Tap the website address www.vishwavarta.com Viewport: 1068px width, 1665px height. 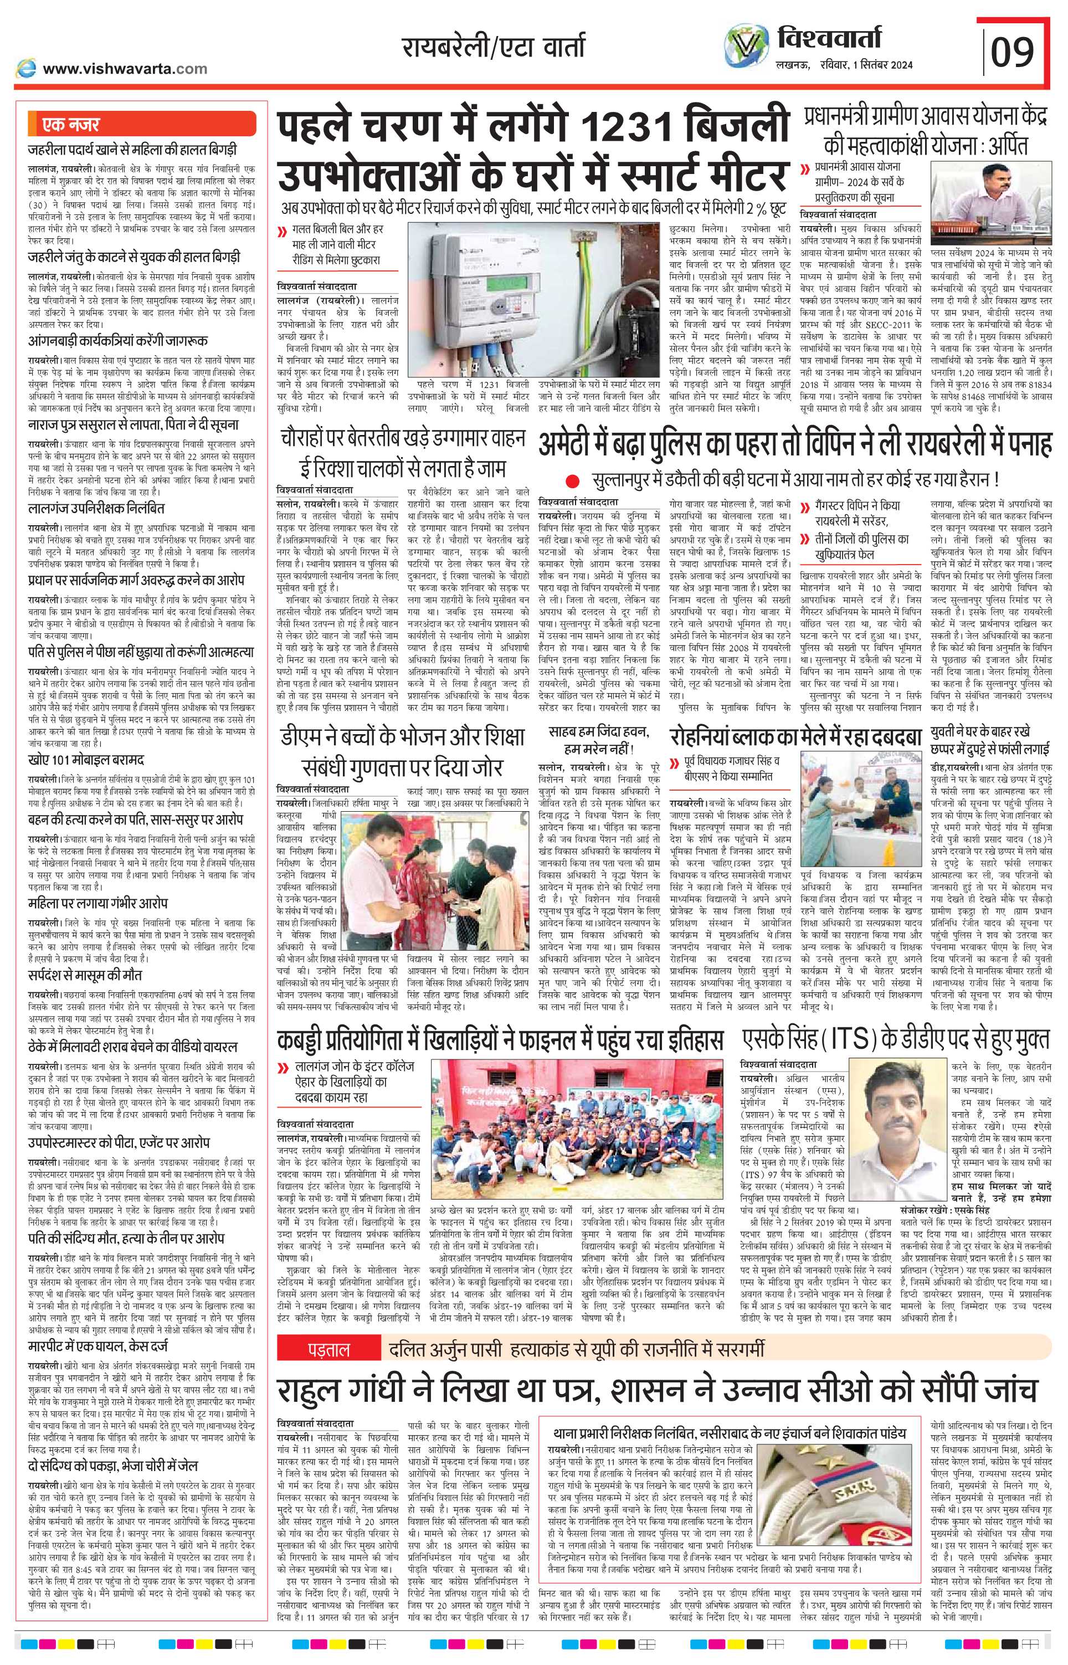point(124,69)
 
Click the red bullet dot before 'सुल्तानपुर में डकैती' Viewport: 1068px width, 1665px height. point(572,480)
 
